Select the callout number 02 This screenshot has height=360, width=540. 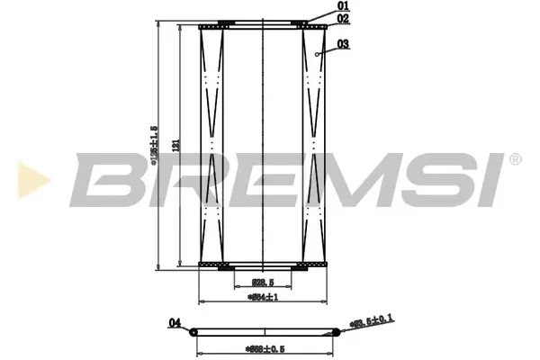pyautogui.click(x=343, y=19)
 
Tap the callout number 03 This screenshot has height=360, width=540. pyautogui.click(x=343, y=43)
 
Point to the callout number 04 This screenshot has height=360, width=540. pyautogui.click(x=175, y=322)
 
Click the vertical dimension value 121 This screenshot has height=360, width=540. pyautogui.click(x=176, y=144)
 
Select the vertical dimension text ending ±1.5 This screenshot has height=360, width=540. pyautogui.click(x=155, y=144)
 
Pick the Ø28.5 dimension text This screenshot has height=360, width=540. pyautogui.click(x=261, y=283)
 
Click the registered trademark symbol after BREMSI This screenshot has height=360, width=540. pyautogui.click(x=514, y=159)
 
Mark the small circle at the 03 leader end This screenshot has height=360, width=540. pyautogui.click(x=319, y=55)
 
